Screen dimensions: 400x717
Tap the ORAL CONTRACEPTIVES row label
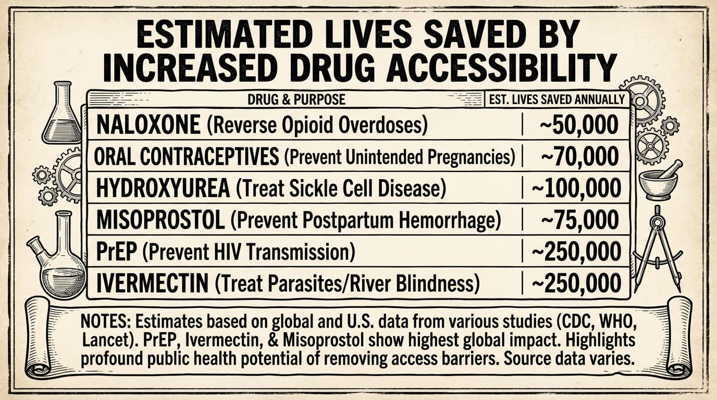pyautogui.click(x=186, y=157)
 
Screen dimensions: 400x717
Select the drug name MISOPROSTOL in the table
pyautogui.click(x=160, y=221)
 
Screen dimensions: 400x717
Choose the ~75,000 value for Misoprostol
pyautogui.click(x=579, y=221)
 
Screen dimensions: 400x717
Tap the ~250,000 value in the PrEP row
pyautogui.click(x=576, y=252)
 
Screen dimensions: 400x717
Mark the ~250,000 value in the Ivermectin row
pyautogui.click(x=576, y=284)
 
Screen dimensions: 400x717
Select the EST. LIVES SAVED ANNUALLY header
pyautogui.click(x=557, y=99)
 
